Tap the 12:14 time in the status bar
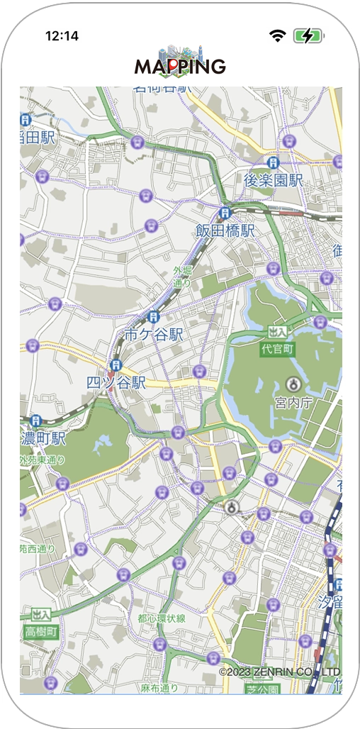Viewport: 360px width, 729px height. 62,35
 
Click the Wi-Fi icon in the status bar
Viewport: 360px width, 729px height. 277,35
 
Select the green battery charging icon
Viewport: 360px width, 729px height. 308,35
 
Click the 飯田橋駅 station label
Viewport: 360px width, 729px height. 225,230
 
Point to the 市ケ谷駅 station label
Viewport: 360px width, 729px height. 154,334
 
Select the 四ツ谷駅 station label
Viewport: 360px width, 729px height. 116,382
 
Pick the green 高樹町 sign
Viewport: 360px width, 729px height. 40,631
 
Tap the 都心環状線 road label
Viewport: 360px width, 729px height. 162,618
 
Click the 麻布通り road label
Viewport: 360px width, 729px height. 159,688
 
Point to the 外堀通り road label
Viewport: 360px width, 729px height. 183,277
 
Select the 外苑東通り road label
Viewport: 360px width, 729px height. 43,460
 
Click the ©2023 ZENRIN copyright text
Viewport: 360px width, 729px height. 279,672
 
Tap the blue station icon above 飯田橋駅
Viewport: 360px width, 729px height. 225,212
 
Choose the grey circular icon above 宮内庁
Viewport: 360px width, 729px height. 293,384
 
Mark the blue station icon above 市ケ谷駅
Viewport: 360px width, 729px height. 154,316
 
